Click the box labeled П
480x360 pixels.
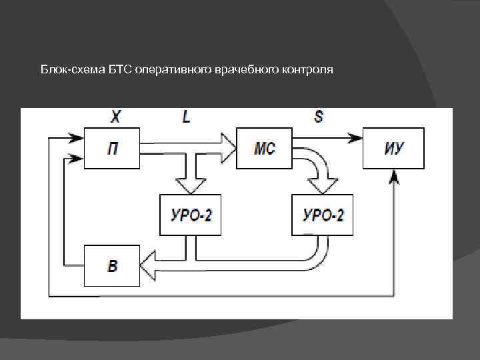(x=112, y=148)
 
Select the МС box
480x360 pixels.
(x=265, y=148)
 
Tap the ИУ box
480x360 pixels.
(x=393, y=148)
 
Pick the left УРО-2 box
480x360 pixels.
(x=190, y=215)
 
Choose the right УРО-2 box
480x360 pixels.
(x=323, y=215)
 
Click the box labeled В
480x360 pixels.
(x=112, y=265)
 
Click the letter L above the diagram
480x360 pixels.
(x=186, y=117)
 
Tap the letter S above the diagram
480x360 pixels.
(x=319, y=117)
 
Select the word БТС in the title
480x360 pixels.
(x=119, y=70)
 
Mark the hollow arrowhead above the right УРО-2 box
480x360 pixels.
(x=323, y=185)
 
